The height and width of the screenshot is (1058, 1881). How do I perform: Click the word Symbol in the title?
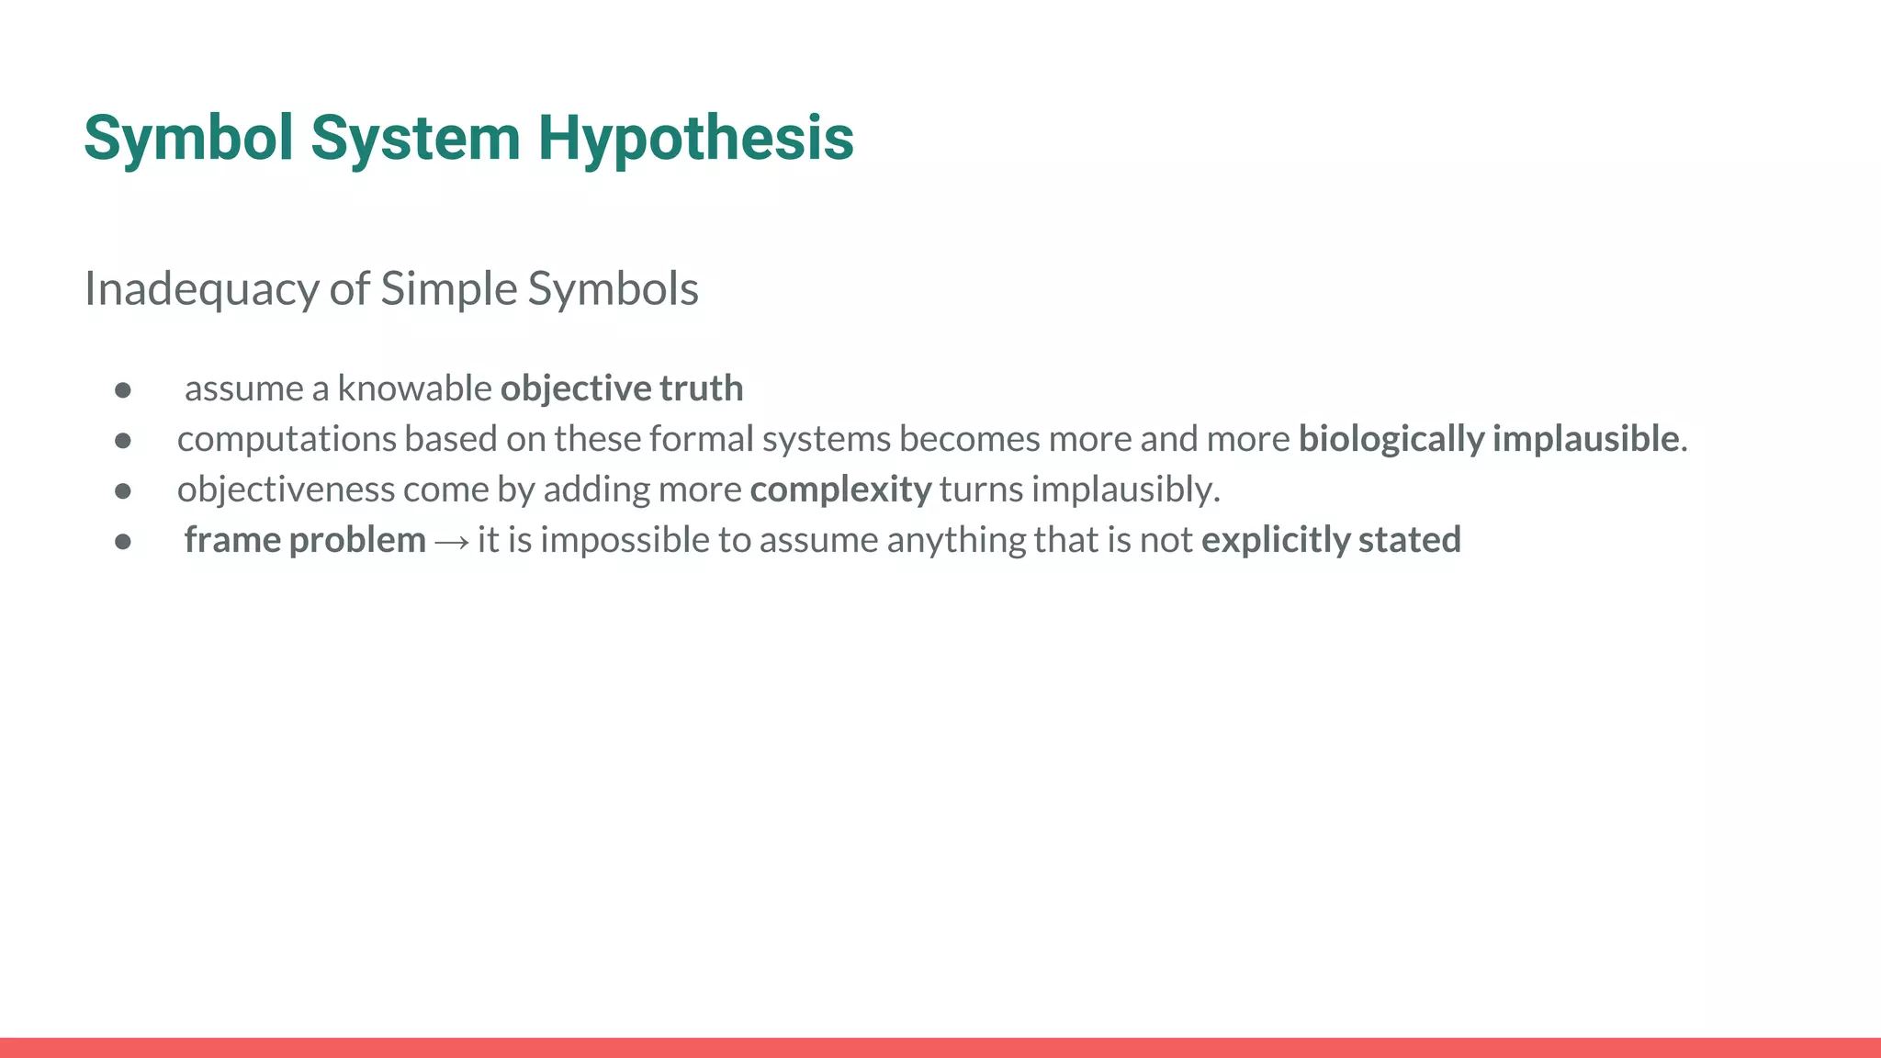point(188,138)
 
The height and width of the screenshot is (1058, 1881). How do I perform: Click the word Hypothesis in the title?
point(695,138)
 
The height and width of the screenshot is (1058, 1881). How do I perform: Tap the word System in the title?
point(415,138)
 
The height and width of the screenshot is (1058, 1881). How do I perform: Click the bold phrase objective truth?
point(622,388)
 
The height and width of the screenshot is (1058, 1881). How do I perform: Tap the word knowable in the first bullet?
point(414,388)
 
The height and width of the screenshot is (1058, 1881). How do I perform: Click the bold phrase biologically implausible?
point(1489,439)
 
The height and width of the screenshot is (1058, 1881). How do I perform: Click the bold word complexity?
point(840,490)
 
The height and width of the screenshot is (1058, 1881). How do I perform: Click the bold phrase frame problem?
point(305,540)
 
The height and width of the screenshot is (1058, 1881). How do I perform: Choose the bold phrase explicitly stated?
point(1331,540)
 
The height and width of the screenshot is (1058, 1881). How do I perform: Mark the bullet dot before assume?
point(123,390)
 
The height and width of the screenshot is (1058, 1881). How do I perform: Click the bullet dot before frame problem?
point(123,542)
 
